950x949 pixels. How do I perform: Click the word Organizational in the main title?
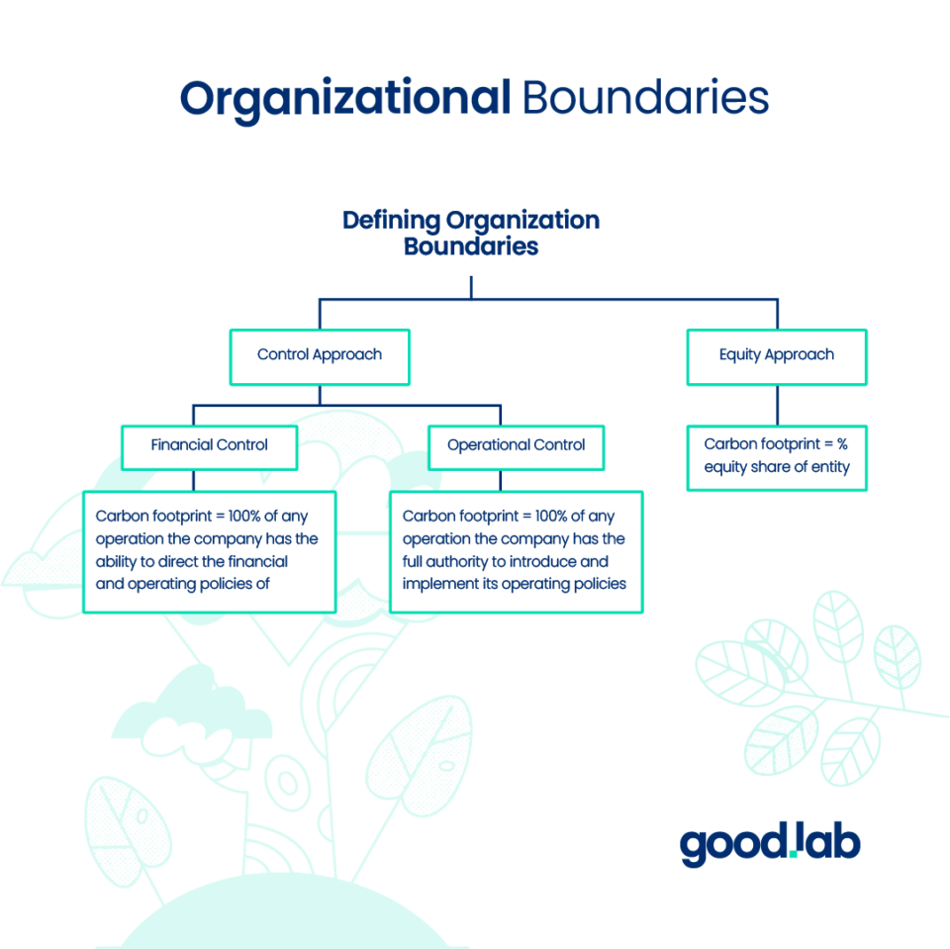click(x=343, y=99)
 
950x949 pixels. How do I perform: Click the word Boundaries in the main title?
click(x=644, y=99)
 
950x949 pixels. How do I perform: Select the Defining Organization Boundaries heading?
click(x=471, y=233)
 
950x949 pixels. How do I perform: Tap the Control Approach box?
click(x=319, y=355)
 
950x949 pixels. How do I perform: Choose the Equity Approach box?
click(x=777, y=355)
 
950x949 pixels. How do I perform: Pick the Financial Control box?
click(x=209, y=445)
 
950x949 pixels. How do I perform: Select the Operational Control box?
click(x=516, y=445)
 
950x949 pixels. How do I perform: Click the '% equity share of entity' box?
click(x=777, y=456)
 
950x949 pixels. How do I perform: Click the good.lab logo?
click(x=770, y=844)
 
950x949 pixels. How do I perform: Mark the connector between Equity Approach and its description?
click(x=777, y=406)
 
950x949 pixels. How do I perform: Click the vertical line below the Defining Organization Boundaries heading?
click(x=471, y=287)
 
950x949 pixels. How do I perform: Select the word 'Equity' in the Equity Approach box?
click(x=741, y=355)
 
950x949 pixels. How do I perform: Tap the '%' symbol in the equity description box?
click(x=843, y=444)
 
